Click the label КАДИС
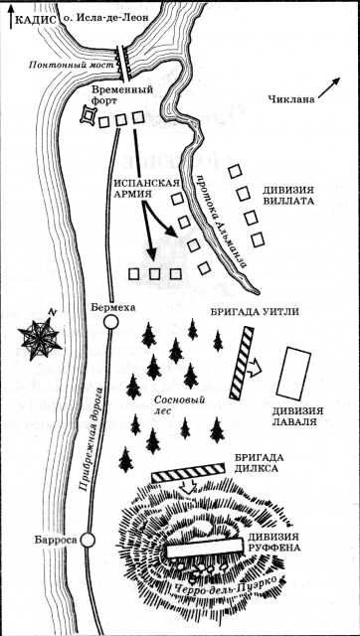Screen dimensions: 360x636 35,19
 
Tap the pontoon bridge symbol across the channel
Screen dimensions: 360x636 122,63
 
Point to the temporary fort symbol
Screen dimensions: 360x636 89,115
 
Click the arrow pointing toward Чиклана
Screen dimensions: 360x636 329,87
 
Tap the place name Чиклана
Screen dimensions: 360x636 291,99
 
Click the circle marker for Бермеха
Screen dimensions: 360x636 110,322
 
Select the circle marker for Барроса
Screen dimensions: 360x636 88,540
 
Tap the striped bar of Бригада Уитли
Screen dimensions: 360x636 242,362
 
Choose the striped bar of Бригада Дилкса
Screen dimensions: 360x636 188,473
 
